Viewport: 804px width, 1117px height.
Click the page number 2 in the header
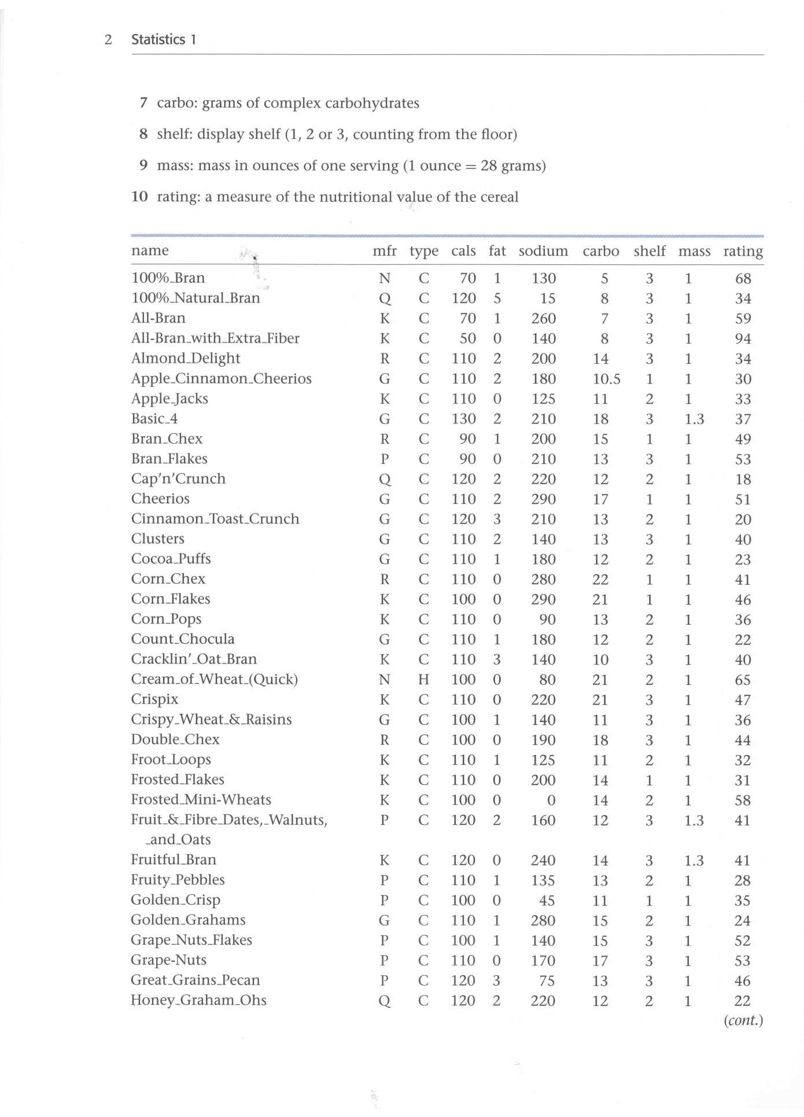[108, 40]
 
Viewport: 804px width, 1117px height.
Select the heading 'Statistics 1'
[164, 40]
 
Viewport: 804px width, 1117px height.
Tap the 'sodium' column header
[543, 251]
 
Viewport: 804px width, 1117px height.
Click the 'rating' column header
[743, 251]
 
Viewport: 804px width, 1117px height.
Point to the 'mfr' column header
[385, 251]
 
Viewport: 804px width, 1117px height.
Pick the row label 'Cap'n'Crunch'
[178, 479]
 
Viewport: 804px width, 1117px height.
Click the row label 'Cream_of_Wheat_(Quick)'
[214, 679]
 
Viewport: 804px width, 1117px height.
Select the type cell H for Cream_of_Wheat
[423, 680]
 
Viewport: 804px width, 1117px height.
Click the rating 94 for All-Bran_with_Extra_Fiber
[743, 339]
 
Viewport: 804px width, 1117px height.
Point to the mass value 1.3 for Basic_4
[694, 419]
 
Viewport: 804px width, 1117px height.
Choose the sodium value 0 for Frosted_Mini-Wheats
[551, 801]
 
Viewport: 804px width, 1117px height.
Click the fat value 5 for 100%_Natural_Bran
[497, 298]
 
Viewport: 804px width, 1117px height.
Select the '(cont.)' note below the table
[743, 1021]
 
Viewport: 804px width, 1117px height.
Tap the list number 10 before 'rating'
[139, 197]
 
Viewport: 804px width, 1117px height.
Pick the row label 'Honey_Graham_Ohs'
[198, 1001]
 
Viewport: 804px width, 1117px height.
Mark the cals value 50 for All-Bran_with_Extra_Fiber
[467, 339]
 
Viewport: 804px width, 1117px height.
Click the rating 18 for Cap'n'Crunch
[743, 480]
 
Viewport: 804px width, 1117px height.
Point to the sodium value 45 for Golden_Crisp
[547, 901]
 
